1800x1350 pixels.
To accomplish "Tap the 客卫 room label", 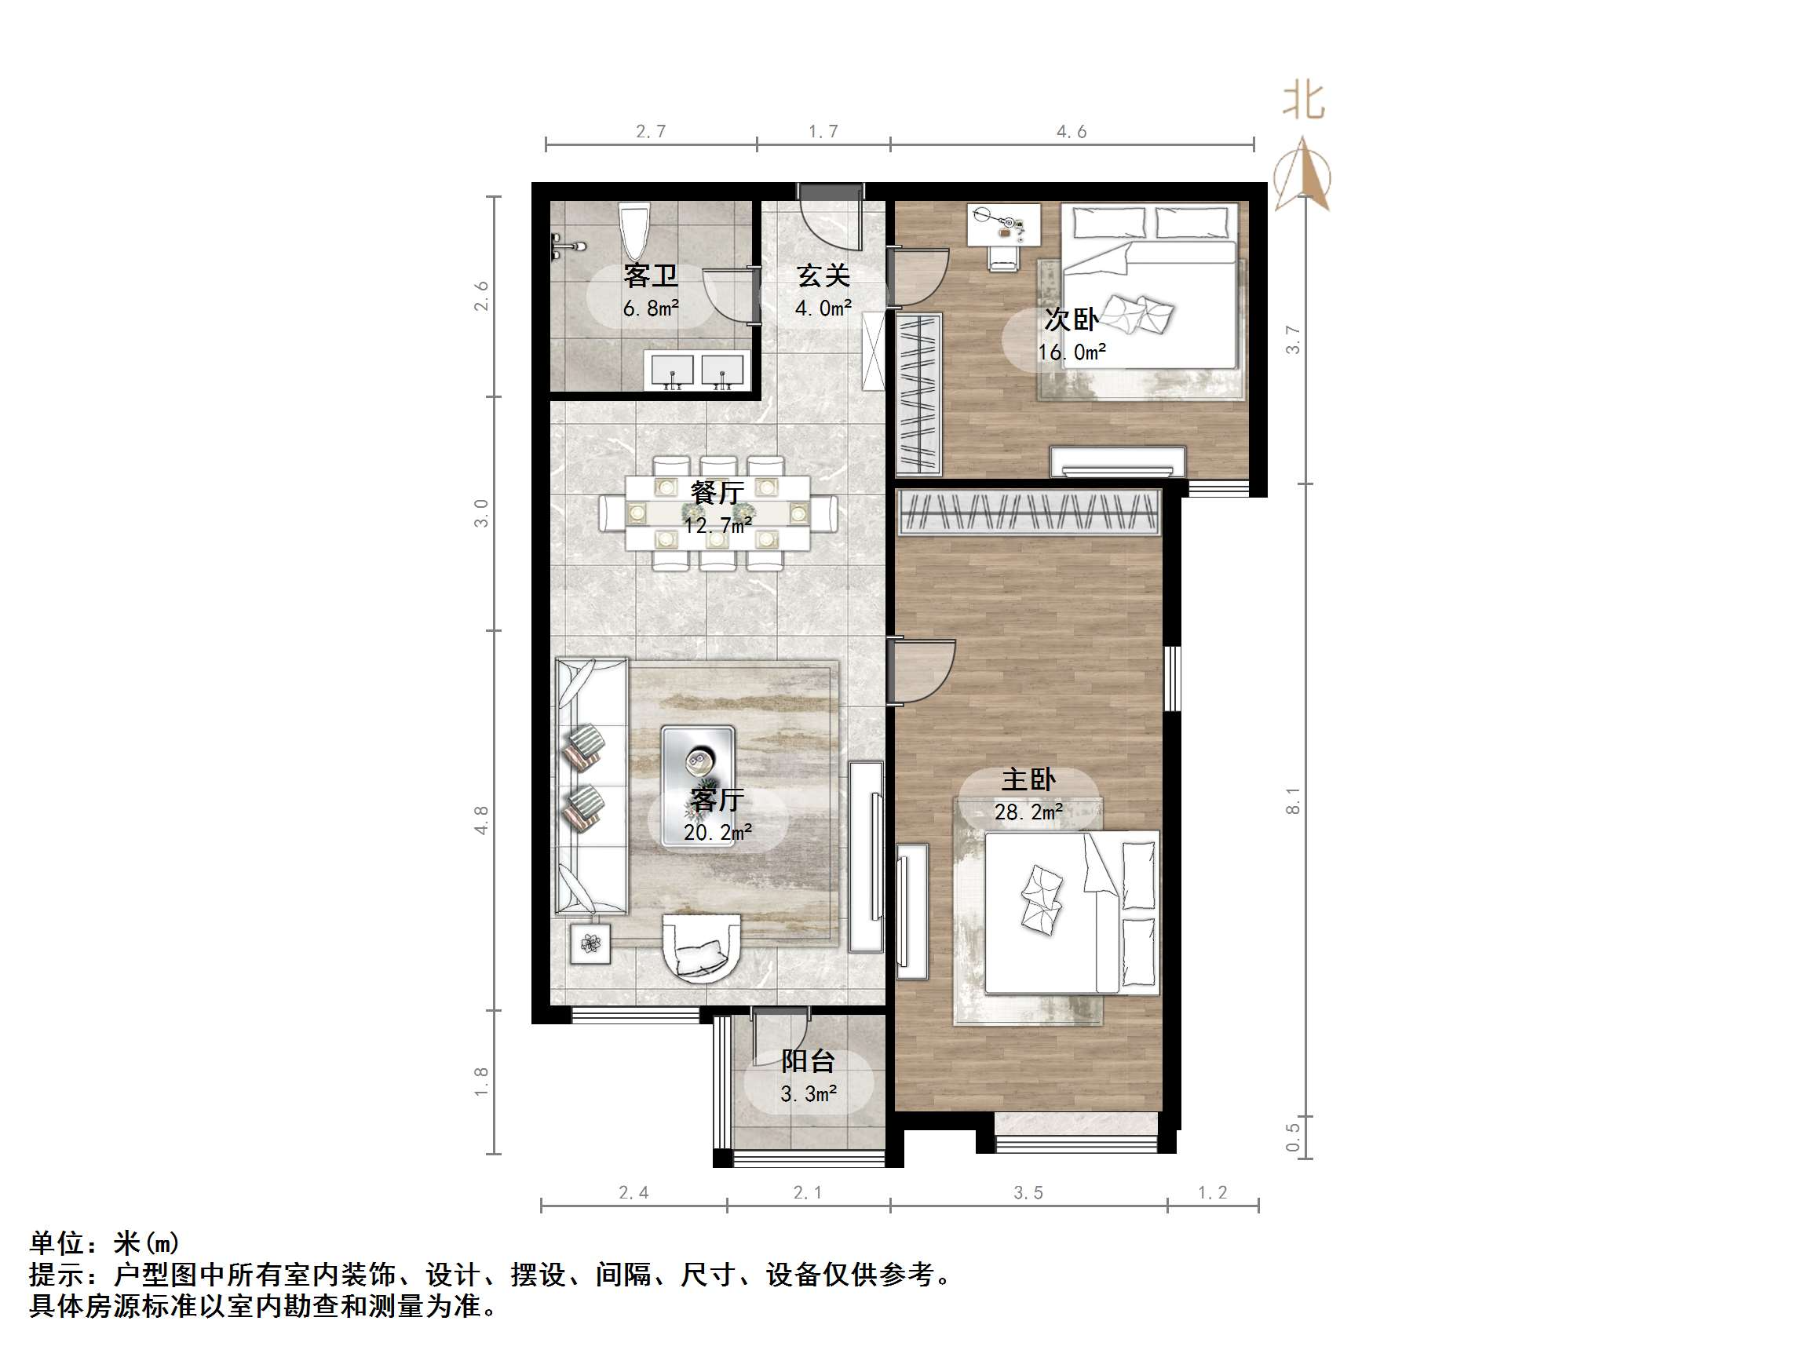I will (650, 275).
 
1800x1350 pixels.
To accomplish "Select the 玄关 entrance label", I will (823, 275).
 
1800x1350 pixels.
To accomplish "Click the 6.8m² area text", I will (650, 308).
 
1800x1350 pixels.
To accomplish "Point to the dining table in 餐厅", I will (717, 512).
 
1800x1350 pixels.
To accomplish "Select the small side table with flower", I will (590, 944).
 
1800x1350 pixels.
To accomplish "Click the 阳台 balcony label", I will (807, 1061).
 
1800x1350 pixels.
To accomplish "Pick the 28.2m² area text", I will (1028, 812).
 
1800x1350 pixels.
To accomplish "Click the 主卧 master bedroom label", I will (1028, 779).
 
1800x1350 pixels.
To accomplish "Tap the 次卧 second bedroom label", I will (1071, 319).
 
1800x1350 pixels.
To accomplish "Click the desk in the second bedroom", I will (1003, 224).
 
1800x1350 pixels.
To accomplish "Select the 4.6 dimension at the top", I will (1071, 131).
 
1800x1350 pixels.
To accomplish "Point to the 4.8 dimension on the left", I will (481, 819).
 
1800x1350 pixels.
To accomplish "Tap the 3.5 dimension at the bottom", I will (1028, 1193).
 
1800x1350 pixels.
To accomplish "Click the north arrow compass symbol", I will (1303, 175).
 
